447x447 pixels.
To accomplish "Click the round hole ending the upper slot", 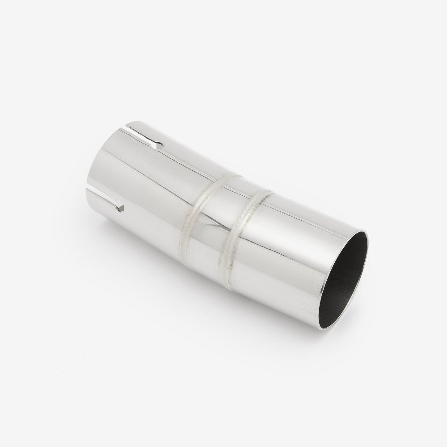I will [x=156, y=145].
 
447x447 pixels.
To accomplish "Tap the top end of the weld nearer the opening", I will [x=268, y=193].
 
